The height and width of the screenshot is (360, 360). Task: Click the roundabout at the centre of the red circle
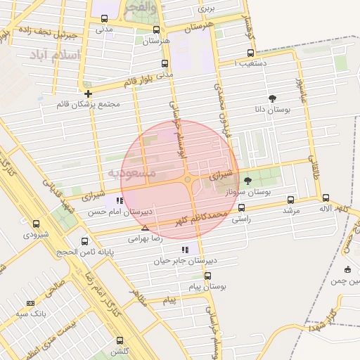(187, 180)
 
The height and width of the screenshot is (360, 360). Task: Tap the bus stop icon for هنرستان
(156, 30)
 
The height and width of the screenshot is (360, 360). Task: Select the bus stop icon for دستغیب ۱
(251, 53)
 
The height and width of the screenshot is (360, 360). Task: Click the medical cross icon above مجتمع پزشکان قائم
(88, 94)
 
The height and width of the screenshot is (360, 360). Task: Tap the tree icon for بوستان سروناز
(247, 181)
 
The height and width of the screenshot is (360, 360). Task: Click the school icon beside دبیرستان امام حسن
(120, 200)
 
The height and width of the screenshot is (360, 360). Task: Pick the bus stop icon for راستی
(242, 207)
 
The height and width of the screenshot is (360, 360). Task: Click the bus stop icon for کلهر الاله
(326, 198)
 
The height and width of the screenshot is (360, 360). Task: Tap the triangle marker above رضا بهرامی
(145, 229)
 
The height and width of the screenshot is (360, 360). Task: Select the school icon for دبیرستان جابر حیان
(184, 250)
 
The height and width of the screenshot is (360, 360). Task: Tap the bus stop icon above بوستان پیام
(207, 276)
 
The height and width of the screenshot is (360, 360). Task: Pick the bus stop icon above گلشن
(120, 340)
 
